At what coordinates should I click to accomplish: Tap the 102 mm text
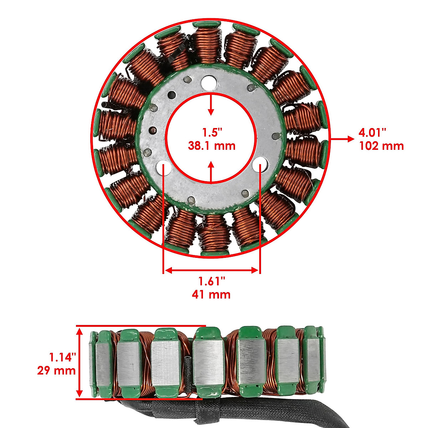tap(381, 146)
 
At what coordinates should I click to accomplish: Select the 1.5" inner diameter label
tap(212, 133)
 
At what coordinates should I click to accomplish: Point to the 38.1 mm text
tap(212, 146)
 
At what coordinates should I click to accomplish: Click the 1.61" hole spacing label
tap(212, 281)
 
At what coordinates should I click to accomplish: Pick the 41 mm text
tap(211, 294)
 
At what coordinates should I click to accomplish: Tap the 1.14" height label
tap(63, 356)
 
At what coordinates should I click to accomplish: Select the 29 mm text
tap(57, 370)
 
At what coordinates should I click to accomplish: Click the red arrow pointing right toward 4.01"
tap(342, 139)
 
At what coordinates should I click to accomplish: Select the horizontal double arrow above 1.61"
tap(212, 270)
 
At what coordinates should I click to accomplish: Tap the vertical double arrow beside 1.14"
tap(80, 363)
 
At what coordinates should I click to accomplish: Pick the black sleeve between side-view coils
tap(188, 371)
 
